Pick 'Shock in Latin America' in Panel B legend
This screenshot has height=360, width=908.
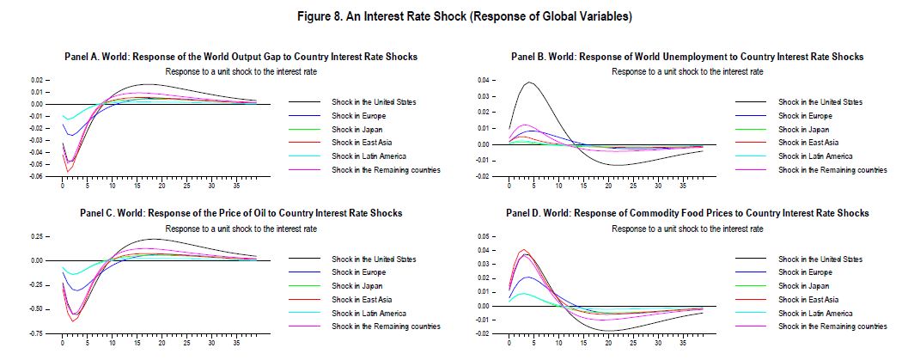click(815, 156)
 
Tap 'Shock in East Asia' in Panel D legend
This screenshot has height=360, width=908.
click(807, 299)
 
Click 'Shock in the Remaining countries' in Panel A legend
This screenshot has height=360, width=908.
click(386, 170)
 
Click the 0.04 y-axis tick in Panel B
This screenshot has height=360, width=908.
click(484, 80)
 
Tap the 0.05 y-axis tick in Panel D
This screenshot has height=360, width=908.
click(484, 236)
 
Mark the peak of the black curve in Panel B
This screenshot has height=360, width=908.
click(530, 82)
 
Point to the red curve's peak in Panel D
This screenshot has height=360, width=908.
click(525, 250)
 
